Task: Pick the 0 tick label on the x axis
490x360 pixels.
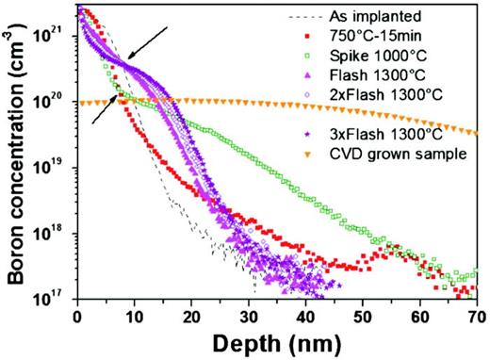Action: (x=77, y=316)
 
